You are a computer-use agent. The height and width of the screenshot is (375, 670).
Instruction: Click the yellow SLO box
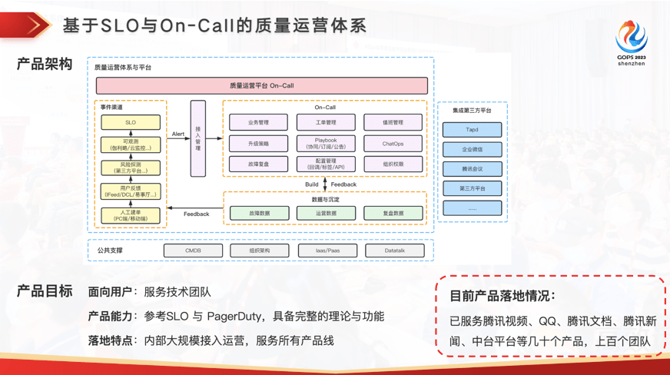[x=131, y=122]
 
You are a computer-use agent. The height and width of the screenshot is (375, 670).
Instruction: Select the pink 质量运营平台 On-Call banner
[x=261, y=85]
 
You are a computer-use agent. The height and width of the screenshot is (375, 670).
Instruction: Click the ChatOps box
[x=393, y=143]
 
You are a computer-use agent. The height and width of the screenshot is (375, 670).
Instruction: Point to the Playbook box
[x=326, y=143]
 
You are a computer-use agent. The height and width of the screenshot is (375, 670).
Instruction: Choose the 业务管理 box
[x=258, y=122]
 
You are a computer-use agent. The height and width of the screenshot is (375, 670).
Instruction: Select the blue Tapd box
[x=472, y=129]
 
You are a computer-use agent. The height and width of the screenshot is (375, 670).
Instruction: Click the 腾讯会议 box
[x=472, y=169]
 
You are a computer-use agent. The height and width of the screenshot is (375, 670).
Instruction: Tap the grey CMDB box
[x=193, y=251]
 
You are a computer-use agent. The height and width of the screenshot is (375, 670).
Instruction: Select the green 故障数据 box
[x=258, y=213]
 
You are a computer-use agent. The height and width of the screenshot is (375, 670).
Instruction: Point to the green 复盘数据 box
[x=393, y=213]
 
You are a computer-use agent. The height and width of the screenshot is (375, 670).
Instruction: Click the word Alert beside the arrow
[x=177, y=134]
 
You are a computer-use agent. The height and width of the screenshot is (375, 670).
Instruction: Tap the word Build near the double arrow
[x=311, y=184]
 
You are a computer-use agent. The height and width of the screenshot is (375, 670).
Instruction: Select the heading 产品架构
[x=44, y=65]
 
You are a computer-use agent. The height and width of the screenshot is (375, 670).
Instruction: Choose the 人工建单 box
[x=131, y=215]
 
